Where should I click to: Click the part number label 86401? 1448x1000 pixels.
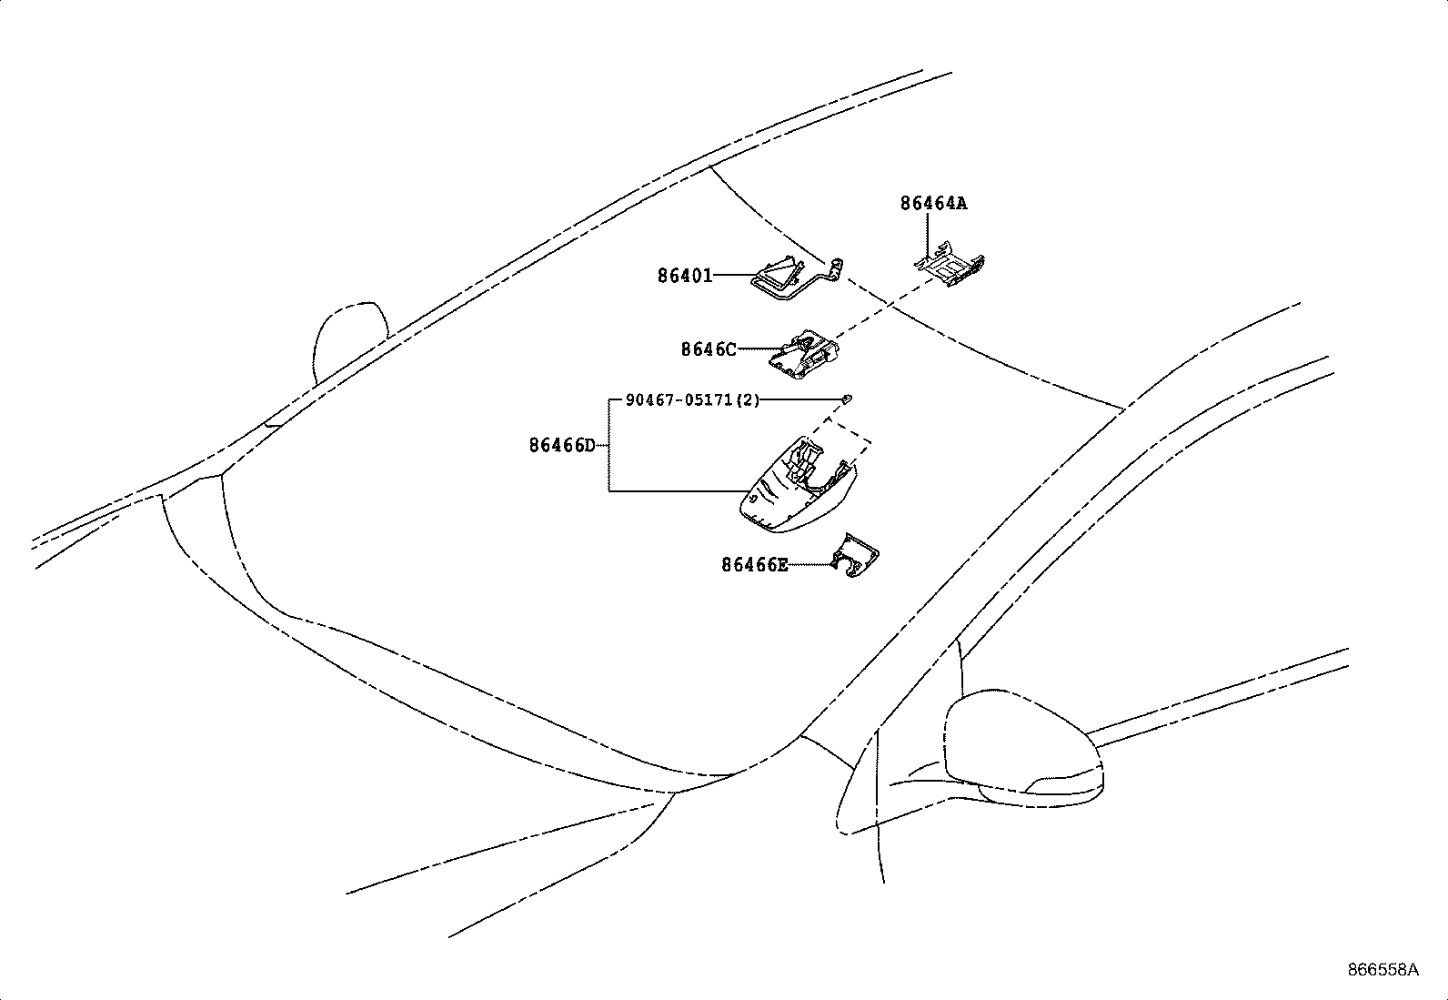click(x=685, y=275)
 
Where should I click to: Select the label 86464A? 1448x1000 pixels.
click(x=933, y=204)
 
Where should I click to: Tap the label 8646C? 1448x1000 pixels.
click(x=708, y=349)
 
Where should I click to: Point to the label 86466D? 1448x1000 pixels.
click(x=562, y=446)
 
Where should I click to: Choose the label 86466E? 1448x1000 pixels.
click(x=754, y=565)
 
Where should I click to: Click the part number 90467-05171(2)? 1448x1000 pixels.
click(x=692, y=400)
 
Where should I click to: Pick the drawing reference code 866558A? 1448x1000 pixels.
click(x=1383, y=970)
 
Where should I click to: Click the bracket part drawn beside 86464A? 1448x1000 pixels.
click(x=950, y=265)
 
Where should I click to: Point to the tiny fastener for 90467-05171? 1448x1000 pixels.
click(x=847, y=398)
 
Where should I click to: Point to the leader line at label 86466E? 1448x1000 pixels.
click(x=809, y=564)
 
